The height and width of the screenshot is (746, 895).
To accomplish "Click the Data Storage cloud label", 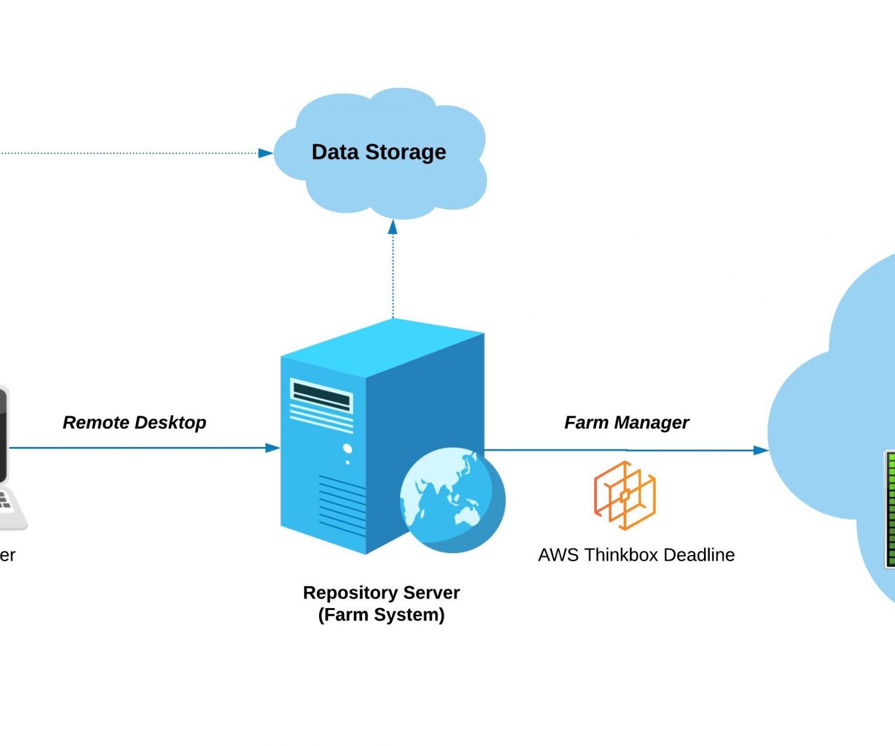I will (378, 152).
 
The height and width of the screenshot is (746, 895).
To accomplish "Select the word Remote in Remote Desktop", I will (95, 423).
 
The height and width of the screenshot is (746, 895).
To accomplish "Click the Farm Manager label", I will (626, 423).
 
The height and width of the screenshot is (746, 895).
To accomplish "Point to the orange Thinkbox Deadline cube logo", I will (625, 495).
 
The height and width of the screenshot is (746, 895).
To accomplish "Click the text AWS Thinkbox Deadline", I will (636, 555).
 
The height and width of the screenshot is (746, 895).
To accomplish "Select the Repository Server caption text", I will (381, 593).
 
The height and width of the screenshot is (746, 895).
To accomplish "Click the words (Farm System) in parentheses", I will (381, 615).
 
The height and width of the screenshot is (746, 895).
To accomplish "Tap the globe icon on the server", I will (452, 500).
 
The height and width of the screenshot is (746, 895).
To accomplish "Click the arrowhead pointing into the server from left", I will (273, 448).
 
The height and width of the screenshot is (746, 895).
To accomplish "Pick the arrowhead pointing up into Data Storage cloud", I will (393, 227).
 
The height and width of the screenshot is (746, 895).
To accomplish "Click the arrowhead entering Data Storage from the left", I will (266, 153).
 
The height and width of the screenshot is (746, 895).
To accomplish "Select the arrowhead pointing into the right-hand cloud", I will (761, 450).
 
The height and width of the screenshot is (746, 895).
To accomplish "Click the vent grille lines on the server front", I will (342, 504).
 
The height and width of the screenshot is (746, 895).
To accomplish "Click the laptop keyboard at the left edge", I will (5, 501).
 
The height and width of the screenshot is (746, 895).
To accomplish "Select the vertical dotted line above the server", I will (393, 275).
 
